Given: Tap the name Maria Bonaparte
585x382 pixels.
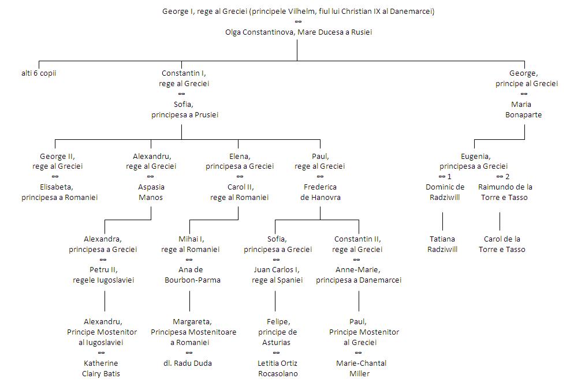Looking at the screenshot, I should click(524, 110).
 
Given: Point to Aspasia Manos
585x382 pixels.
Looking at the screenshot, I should click(151, 192).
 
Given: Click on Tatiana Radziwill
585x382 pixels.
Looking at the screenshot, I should click(442, 244).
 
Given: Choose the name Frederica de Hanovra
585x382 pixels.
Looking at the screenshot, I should click(320, 192).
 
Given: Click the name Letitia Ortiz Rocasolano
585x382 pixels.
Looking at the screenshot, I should click(275, 368).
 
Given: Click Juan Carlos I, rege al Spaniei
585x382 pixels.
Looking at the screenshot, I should click(277, 275).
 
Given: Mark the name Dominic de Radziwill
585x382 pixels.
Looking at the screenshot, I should click(445, 192).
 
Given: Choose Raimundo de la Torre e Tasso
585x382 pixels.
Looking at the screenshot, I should click(505, 192).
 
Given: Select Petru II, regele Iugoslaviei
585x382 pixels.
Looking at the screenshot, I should click(104, 275).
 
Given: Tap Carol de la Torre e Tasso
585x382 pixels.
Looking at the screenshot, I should click(502, 244).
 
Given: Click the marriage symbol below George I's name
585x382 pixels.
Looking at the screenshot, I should click(298, 22).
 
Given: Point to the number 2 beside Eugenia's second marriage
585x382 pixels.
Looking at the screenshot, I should click(508, 176).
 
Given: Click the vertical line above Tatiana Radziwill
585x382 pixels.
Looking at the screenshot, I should click(443, 221).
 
